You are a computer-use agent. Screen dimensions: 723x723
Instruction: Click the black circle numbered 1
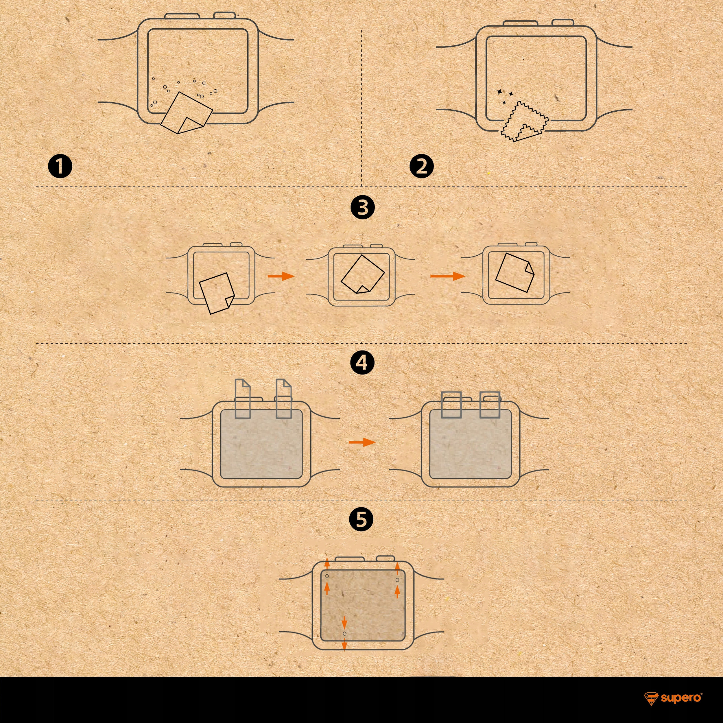pyautogui.click(x=60, y=167)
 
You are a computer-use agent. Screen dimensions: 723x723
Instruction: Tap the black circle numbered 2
pyautogui.click(x=422, y=167)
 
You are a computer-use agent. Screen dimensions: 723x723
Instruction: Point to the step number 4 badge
pyautogui.click(x=362, y=363)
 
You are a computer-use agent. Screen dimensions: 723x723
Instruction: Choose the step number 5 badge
pyautogui.click(x=361, y=520)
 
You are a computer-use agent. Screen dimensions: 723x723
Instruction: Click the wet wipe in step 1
pyautogui.click(x=186, y=112)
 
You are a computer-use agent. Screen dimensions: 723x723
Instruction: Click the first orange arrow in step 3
pyautogui.click(x=281, y=276)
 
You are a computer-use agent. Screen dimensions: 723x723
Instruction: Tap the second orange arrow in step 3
pyautogui.click(x=448, y=276)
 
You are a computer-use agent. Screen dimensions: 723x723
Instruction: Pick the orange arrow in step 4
pyautogui.click(x=362, y=442)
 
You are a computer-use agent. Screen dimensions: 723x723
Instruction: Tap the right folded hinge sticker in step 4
pyautogui.click(x=490, y=405)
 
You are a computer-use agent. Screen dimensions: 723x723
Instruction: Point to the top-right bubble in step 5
pyautogui.click(x=397, y=580)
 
